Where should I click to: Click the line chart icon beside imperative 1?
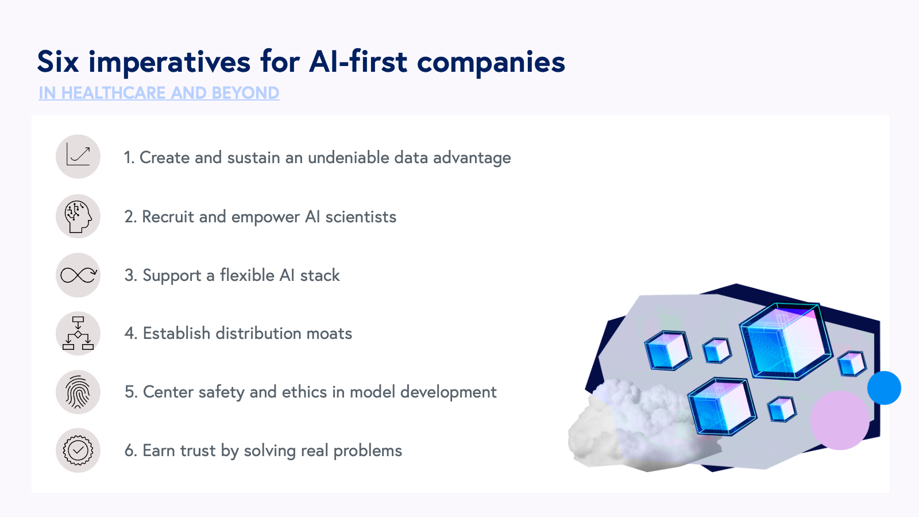(x=78, y=156)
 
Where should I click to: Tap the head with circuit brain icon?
(x=78, y=217)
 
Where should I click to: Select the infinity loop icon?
(x=78, y=275)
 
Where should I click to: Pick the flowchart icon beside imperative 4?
(x=78, y=333)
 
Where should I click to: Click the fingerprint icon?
(x=78, y=392)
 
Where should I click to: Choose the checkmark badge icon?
(x=78, y=450)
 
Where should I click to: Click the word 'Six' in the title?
(x=58, y=61)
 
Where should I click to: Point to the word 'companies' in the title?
(x=491, y=62)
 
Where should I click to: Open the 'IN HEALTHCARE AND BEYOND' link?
(x=159, y=93)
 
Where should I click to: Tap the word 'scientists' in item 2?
(x=361, y=217)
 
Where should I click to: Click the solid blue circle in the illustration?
(x=884, y=388)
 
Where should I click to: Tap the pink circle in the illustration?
(x=840, y=420)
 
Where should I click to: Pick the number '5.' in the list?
(x=131, y=392)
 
